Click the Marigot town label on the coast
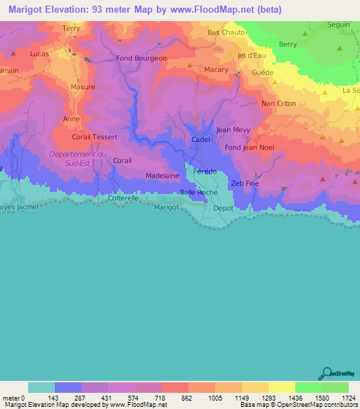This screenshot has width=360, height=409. tap(166, 207)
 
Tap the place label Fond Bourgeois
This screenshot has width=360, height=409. tap(142, 58)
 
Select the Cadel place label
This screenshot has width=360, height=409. tap(200, 140)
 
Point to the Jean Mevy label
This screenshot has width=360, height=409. tap(233, 129)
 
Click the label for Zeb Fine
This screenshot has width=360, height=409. tap(245, 183)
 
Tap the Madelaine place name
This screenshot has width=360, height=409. tap(162, 176)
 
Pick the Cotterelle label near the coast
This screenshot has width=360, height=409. tap(124, 199)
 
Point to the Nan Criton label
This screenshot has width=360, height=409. tap(278, 103)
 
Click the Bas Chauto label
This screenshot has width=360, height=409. tap(226, 32)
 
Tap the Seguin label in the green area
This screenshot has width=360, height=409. tap(338, 25)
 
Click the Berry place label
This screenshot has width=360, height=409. tap(288, 44)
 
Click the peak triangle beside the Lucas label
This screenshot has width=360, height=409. tap(13, 53)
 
